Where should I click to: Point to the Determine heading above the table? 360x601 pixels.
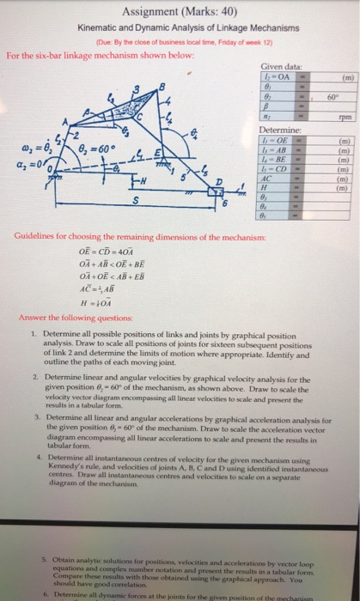coord(277,130)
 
